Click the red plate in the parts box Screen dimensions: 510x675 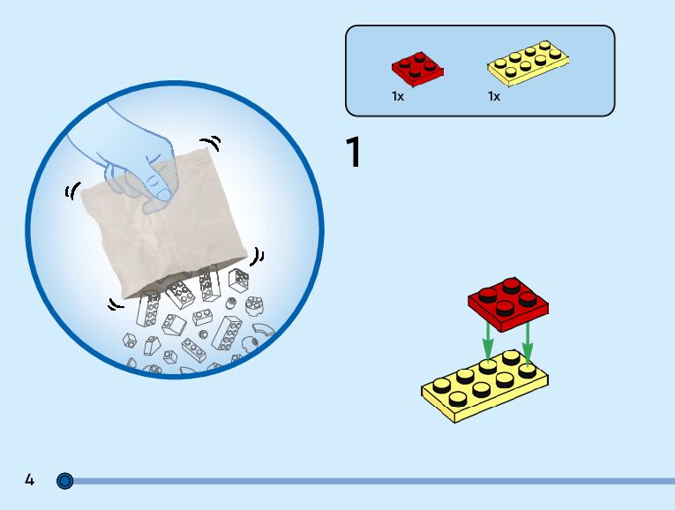[416, 68]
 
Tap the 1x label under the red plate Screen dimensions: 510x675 [398, 96]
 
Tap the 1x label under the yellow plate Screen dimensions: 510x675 [494, 96]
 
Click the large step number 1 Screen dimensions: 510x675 [353, 153]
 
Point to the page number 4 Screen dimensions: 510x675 [30, 480]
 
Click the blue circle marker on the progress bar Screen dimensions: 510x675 [64, 481]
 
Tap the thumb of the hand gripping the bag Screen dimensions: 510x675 [159, 187]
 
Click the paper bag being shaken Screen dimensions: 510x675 [168, 229]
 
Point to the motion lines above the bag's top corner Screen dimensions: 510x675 [210, 142]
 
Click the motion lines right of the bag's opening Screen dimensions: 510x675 [258, 256]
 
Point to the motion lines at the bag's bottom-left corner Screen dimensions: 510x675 [114, 304]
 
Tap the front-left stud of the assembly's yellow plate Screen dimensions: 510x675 [460, 398]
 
